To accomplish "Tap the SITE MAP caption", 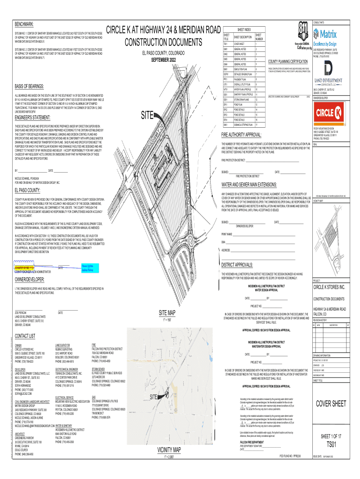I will [167, 312].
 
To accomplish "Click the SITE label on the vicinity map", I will [153, 397].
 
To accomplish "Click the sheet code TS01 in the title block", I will [331, 444].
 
